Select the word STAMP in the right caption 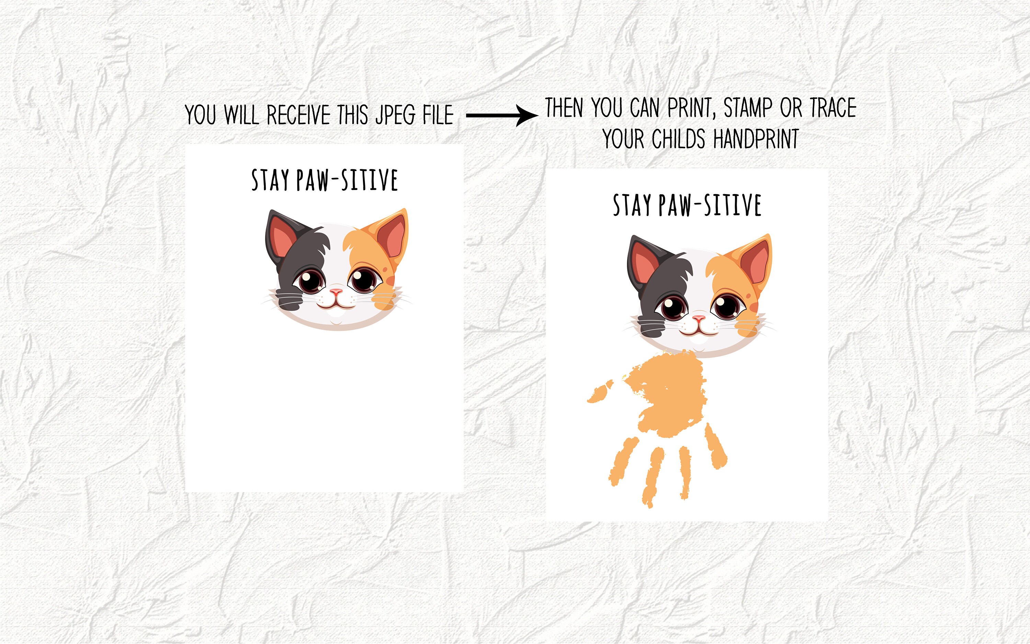pos(748,108)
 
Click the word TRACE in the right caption pos(833,108)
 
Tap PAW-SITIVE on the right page pos(710,205)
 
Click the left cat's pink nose pos(336,292)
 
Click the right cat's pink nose pos(698,318)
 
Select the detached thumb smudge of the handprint pos(600,393)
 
